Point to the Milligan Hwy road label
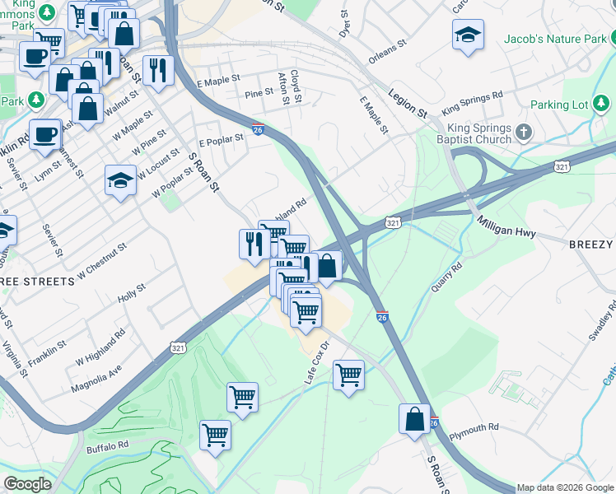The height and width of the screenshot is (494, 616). [x=506, y=227]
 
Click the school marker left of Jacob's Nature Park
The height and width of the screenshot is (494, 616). [x=468, y=35]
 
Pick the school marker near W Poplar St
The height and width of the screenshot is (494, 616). [x=120, y=180]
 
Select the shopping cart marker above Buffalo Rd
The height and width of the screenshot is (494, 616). [x=215, y=434]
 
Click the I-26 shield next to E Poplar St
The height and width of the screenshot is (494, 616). [x=258, y=130]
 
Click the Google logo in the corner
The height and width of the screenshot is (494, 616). [x=27, y=483]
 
